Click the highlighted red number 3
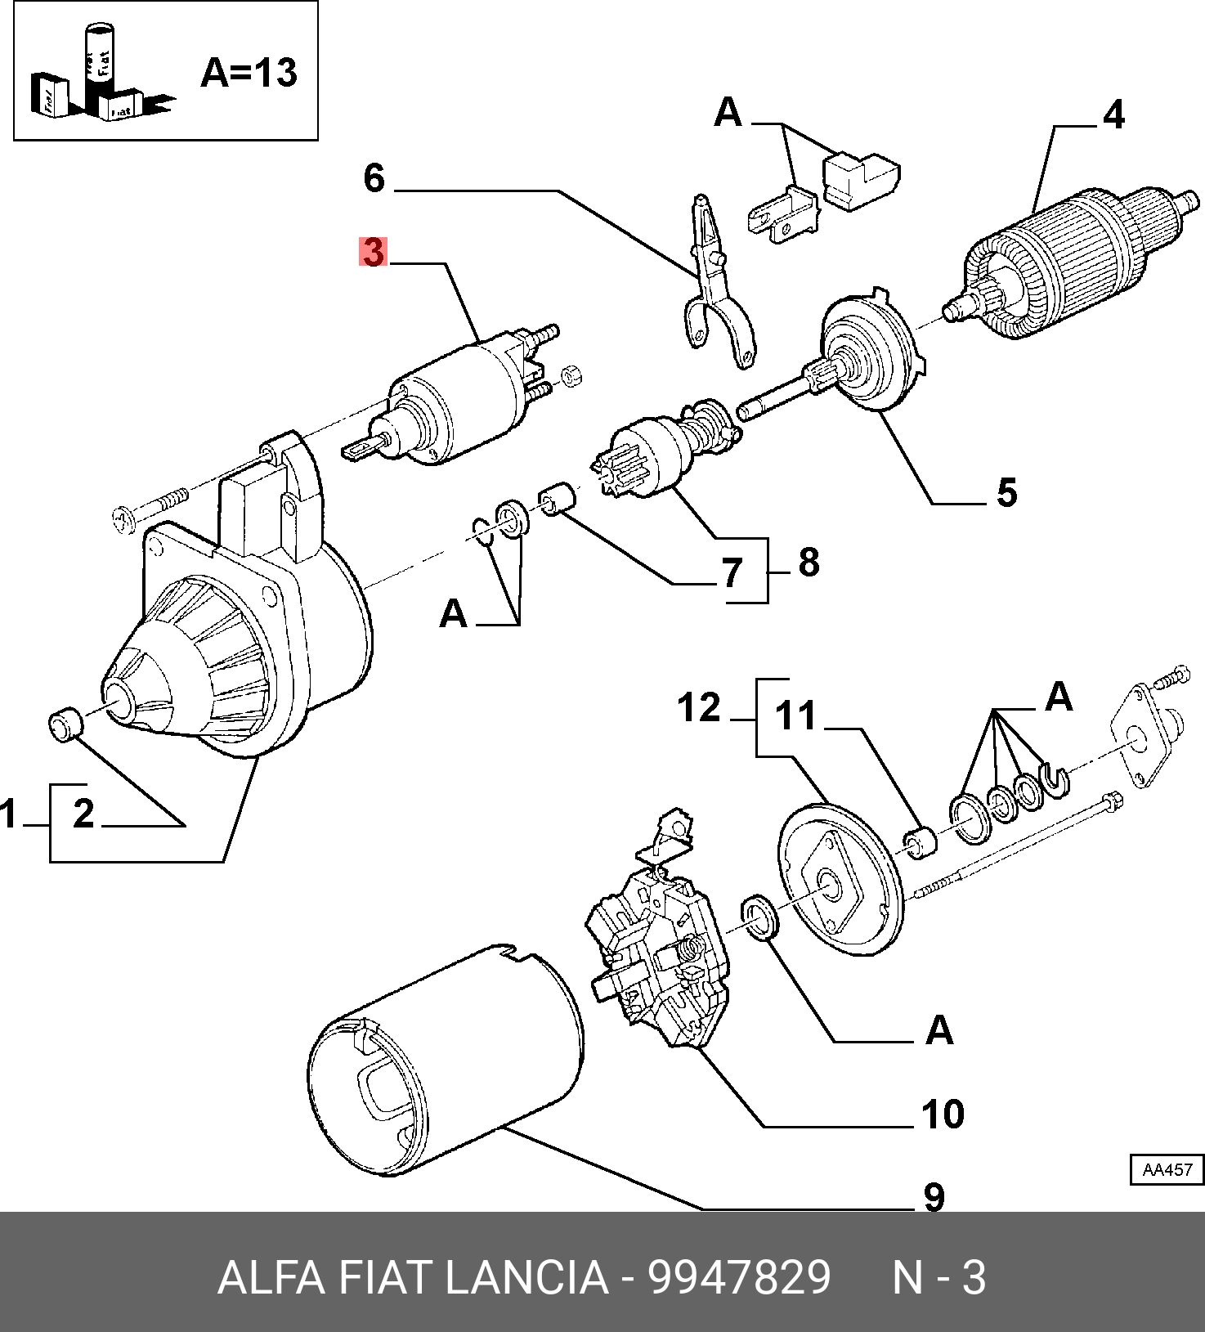pos(373,252)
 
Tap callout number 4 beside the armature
pos(1113,115)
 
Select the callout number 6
pos(374,178)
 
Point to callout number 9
pos(934,1197)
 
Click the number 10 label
pos(943,1114)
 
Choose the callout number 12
pos(699,707)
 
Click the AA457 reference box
pos(1167,1170)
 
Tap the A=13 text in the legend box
pos(249,73)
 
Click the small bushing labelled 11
pos(919,843)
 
